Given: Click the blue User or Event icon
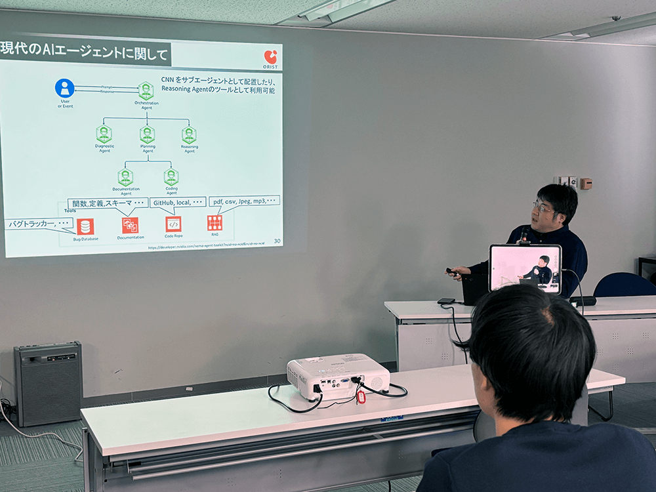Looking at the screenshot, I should click(x=64, y=88).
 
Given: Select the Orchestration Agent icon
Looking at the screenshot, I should click(x=146, y=91).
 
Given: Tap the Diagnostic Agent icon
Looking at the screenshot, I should click(x=104, y=134).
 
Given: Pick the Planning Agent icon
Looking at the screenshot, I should click(x=147, y=134).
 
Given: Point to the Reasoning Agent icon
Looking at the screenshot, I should click(x=189, y=134).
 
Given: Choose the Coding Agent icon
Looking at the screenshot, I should click(x=171, y=177).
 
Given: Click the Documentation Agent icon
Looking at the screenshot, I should click(x=125, y=177).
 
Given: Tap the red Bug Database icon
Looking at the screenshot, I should click(x=85, y=226).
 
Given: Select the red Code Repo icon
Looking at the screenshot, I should click(x=173, y=224).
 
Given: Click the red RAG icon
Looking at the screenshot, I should click(x=215, y=223).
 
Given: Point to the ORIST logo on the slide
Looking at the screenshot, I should click(x=270, y=60).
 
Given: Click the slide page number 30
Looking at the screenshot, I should click(x=277, y=241).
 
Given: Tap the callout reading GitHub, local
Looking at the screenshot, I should click(x=178, y=202).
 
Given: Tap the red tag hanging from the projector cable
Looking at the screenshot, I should click(x=361, y=396).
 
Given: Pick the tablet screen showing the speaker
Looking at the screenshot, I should click(x=525, y=268).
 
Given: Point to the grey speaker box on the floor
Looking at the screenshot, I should click(x=48, y=383).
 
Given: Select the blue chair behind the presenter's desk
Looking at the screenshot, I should click(x=623, y=285).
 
